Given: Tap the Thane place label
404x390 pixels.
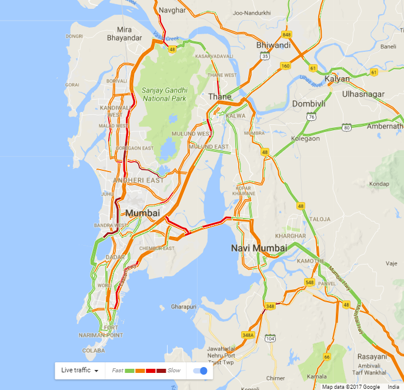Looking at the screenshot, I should pos(219,97).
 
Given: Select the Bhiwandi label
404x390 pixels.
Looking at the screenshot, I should pos(273,45).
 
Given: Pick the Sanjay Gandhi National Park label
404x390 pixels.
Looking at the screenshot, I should pos(164,94).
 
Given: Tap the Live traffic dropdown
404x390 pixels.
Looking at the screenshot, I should pos(79,370).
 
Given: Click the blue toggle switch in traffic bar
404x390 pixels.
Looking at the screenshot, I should pos(201,371).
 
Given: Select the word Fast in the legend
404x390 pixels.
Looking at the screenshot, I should pos(118,371).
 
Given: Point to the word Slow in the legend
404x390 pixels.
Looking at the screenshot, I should pos(174,371).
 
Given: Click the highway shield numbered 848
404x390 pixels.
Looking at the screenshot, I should pos(286,35).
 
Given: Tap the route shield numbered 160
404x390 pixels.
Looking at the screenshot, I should pos(285,65).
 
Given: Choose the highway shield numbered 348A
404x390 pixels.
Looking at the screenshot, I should pos(248,335).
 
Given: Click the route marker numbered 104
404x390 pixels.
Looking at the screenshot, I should pos(271,338).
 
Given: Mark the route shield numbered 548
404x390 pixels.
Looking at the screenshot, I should pos(310,283).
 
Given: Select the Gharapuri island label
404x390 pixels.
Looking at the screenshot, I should pos(183,307).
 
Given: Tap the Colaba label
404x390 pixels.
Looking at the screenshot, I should pos(90,349).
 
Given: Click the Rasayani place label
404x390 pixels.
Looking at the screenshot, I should pos(372,356).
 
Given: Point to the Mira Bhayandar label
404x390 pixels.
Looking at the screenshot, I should pos(124,34).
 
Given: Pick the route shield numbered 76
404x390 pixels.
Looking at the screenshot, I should pos(310,117).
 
